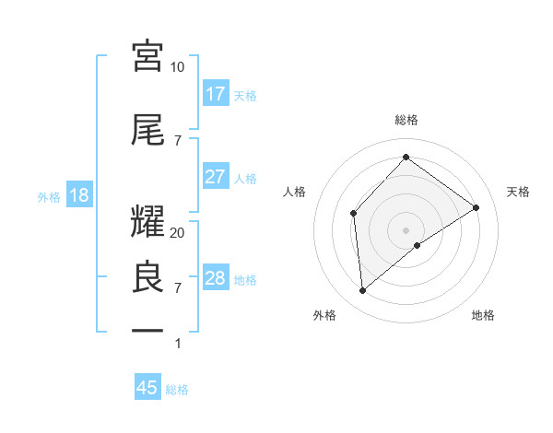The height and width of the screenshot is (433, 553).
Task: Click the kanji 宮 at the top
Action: click(148, 56)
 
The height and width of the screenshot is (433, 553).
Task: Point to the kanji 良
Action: click(148, 277)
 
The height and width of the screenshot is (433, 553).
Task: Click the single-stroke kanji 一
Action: click(148, 330)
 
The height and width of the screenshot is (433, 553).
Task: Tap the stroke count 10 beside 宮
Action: click(178, 67)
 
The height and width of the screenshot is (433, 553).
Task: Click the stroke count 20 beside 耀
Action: click(178, 233)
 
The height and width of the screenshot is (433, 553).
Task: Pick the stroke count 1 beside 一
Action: click(178, 344)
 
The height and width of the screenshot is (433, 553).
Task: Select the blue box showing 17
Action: click(216, 94)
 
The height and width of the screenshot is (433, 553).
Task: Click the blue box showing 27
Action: click(216, 177)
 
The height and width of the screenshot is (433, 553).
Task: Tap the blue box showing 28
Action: click(216, 278)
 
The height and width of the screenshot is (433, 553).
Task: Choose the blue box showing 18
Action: click(79, 195)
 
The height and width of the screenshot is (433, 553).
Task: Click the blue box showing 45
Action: click(147, 388)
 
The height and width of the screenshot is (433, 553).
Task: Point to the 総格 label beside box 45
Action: click(177, 390)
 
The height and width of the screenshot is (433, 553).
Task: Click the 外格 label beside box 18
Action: click(49, 196)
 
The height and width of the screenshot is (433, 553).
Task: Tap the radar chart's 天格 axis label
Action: click(518, 192)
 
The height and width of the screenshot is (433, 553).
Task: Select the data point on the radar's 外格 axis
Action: click(363, 291)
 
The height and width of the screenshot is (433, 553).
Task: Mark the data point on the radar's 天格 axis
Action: click(477, 207)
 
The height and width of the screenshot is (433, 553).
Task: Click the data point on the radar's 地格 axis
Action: click(418, 245)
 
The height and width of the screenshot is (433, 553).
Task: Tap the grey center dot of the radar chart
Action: click(406, 228)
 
